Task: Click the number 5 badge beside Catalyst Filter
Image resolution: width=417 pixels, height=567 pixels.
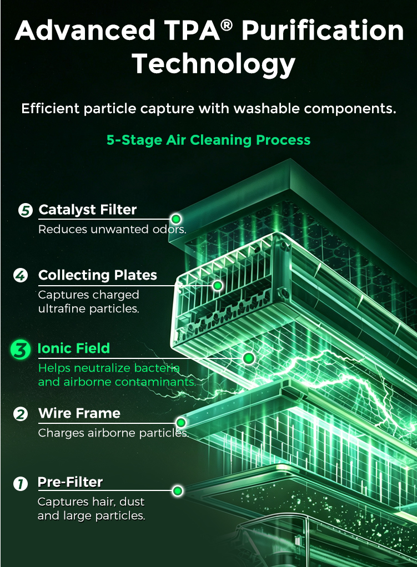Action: click(x=26, y=210)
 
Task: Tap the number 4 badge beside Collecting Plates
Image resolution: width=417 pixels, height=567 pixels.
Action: click(x=21, y=275)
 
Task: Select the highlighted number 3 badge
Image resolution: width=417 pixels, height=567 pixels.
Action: click(x=21, y=350)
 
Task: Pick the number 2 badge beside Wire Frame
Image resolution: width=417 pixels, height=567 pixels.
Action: click(x=21, y=414)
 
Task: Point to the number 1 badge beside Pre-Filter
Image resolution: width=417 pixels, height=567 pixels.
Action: click(x=21, y=483)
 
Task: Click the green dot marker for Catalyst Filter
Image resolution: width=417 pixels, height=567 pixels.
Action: click(x=176, y=219)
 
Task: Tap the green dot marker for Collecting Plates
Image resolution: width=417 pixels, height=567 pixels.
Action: click(x=218, y=286)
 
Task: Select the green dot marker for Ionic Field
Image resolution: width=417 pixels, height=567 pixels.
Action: click(x=249, y=358)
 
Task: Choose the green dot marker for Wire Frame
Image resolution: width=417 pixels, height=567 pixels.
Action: click(x=181, y=422)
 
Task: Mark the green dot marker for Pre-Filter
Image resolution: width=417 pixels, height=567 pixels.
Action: click(x=178, y=490)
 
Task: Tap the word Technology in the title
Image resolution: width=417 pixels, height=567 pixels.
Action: click(x=214, y=64)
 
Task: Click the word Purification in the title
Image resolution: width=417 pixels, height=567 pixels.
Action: click(x=323, y=31)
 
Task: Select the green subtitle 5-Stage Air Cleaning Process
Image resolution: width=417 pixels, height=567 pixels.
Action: click(x=209, y=140)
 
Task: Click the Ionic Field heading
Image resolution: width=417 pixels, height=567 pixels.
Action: click(x=74, y=348)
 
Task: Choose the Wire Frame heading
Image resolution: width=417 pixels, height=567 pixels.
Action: click(x=79, y=413)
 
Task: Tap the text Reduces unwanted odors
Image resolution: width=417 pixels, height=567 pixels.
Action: click(x=112, y=229)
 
